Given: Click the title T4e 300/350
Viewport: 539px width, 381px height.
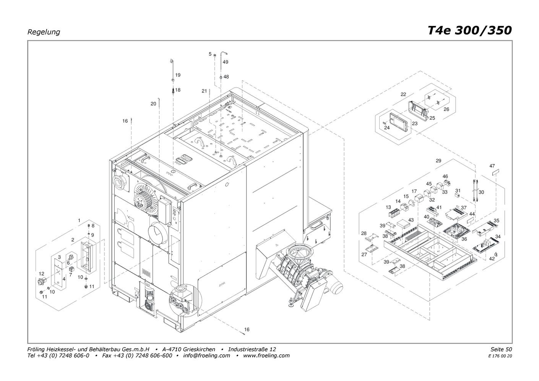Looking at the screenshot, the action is click(469, 31).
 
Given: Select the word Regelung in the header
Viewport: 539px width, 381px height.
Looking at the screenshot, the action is click(44, 32).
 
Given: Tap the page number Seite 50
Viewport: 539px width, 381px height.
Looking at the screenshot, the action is click(501, 349).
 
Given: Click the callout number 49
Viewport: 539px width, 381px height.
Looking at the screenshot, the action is click(225, 62).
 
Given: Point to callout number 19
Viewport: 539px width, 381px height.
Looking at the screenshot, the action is click(178, 75).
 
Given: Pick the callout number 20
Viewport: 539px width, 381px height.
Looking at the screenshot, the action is click(153, 104).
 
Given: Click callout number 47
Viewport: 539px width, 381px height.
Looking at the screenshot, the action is click(492, 166).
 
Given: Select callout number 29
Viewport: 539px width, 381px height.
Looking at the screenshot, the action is click(438, 161).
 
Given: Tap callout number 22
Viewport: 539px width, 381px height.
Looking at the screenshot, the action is click(403, 94).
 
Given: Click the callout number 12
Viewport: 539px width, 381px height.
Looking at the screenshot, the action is click(41, 274).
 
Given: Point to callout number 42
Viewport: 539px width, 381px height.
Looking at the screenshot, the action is click(492, 259).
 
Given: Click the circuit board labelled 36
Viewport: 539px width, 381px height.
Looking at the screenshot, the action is click(456, 231).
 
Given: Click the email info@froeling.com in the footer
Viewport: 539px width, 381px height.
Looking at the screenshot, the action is click(206, 355).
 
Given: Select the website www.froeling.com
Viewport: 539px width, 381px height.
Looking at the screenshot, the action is click(266, 355).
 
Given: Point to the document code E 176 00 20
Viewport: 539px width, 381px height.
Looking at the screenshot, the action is click(500, 356).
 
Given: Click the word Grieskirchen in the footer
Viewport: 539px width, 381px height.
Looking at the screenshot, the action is click(199, 349).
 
